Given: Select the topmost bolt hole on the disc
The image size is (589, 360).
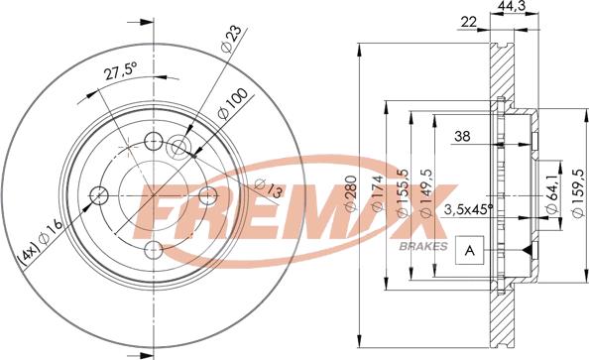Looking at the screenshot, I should (153, 139).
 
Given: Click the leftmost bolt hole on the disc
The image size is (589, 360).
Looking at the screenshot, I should (98, 193).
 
